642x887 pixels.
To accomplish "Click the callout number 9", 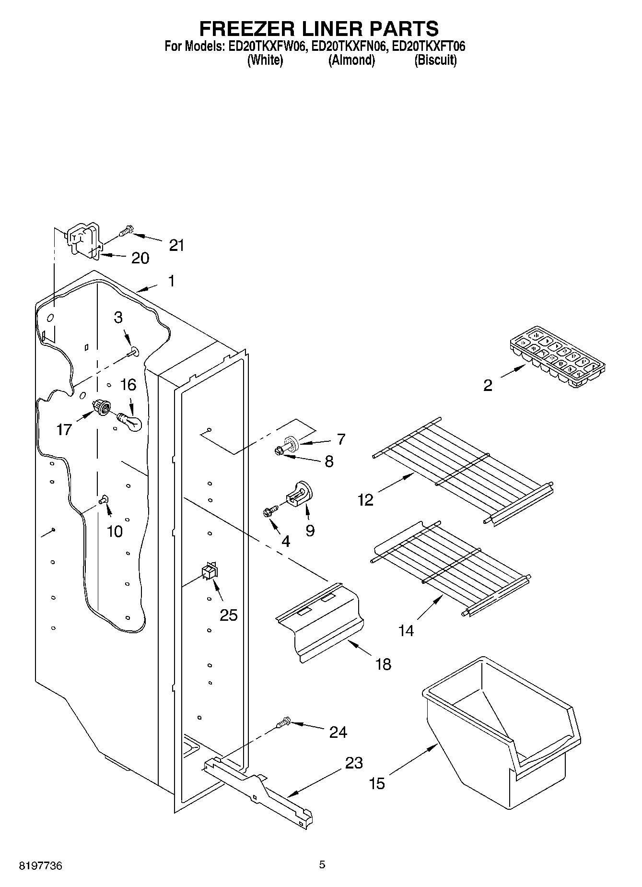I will pos(310,531).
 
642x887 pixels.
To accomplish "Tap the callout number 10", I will pos(115,531).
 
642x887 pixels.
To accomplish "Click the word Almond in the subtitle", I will pos(351,60).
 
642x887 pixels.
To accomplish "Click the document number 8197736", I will pos(40,866).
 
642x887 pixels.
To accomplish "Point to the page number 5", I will pos(322,865).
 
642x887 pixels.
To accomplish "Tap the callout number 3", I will pos(118,318).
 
